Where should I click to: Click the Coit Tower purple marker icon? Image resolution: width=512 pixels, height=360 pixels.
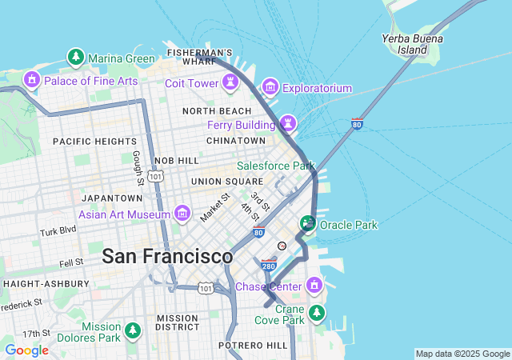(230, 82)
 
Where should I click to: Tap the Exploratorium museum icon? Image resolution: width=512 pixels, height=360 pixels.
(270, 86)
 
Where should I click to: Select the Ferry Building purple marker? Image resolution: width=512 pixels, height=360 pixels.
(287, 124)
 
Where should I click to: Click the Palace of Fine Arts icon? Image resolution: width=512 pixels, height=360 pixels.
(32, 79)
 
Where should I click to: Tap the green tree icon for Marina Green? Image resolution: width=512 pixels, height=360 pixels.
(75, 58)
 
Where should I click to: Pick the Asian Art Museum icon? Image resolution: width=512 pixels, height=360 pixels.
(182, 214)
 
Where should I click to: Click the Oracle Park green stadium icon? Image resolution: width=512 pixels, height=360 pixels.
(307, 224)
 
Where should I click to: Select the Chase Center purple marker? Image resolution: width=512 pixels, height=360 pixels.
(314, 286)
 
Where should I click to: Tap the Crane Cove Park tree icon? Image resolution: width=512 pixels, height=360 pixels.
(318, 313)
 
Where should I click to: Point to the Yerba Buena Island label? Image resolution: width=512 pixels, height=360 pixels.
(404, 44)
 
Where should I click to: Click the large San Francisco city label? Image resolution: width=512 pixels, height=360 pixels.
(167, 257)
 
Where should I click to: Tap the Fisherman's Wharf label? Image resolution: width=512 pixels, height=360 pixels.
(200, 56)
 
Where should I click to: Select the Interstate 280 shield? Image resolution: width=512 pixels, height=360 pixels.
(269, 264)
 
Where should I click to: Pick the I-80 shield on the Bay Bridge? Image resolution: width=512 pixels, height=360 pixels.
(357, 124)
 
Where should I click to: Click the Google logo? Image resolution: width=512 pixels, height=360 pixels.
(26, 350)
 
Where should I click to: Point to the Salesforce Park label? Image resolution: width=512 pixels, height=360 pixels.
(276, 166)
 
